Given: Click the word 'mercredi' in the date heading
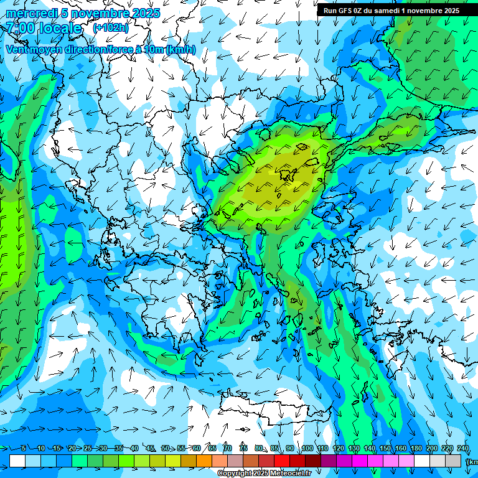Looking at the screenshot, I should click(32, 13).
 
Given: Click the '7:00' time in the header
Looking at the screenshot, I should click(21, 28).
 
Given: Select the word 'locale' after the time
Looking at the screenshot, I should click(60, 28).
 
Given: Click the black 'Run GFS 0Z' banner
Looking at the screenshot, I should click(391, 10).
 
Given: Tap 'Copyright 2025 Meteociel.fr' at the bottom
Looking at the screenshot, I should click(265, 474).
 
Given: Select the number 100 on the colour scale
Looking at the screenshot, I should click(307, 449).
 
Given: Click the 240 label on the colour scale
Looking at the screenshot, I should click(463, 449).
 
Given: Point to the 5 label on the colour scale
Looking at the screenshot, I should click(24, 449).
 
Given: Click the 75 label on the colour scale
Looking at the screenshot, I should click(243, 449).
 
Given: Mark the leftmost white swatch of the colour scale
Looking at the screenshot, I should click(17, 461).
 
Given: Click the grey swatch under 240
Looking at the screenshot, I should click(453, 461).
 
